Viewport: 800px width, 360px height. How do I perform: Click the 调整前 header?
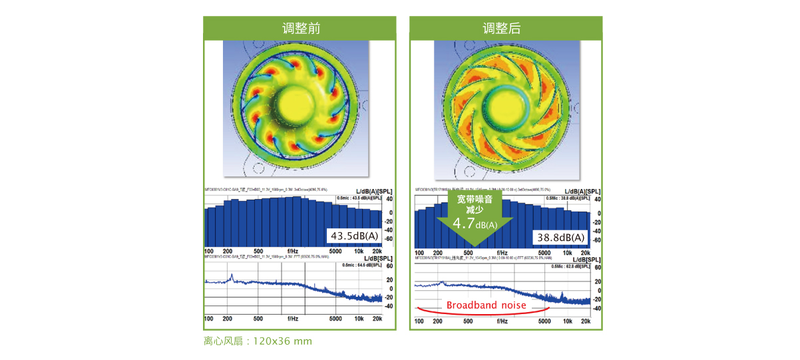tap(300, 28)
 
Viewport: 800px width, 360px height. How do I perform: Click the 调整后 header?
tap(506, 28)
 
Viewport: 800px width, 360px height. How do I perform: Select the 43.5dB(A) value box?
tap(354, 236)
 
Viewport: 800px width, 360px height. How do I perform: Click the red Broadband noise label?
tap(487, 305)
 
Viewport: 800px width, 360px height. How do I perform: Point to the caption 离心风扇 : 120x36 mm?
tap(258, 341)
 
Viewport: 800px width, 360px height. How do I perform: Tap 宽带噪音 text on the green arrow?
tap(475, 198)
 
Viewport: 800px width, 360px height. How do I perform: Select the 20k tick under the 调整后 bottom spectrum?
tap(585, 321)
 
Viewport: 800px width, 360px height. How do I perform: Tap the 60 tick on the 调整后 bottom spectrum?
tap(597, 268)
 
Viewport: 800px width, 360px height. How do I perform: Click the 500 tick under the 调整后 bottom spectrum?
tap(468, 321)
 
